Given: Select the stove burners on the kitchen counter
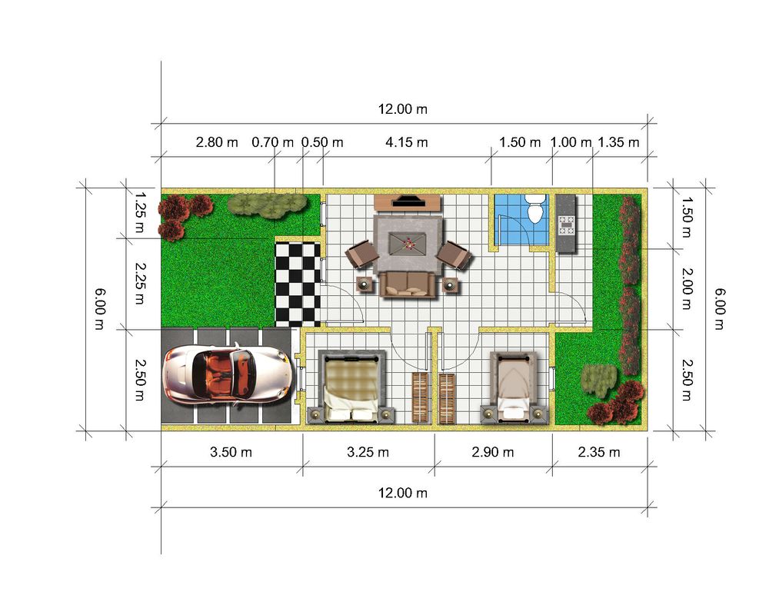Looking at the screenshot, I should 568,225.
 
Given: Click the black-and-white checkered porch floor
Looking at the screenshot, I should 298,284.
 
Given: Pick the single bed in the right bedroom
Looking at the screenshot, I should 514,388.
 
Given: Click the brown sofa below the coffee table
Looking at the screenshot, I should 408,284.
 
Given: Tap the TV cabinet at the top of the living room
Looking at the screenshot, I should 408,202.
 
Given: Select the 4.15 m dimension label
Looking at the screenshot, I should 407,143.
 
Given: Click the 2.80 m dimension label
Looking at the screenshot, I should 218,143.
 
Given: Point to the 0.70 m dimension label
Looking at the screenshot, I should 273,143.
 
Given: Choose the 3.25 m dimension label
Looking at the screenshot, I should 368,452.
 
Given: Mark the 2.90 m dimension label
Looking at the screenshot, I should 493,452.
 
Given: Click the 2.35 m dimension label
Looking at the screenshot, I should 599,452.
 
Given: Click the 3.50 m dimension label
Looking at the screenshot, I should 231,452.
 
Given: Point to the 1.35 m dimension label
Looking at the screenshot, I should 618,143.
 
